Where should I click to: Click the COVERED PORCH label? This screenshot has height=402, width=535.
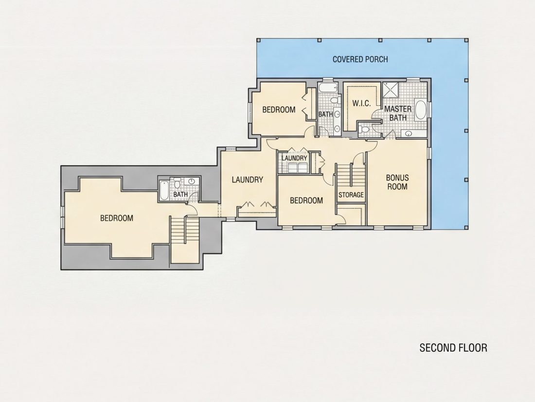click(x=360, y=59)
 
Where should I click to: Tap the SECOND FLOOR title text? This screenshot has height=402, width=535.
click(x=453, y=347)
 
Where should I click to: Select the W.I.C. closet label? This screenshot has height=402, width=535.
click(x=361, y=103)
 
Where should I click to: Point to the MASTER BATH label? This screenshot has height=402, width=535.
click(x=398, y=113)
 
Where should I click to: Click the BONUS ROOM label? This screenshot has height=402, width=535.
click(x=397, y=182)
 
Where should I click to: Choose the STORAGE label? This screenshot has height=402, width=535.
click(x=351, y=195)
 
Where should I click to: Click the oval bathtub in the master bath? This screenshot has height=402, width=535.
click(x=420, y=110)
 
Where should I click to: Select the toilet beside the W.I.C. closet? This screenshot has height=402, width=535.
click(x=363, y=130)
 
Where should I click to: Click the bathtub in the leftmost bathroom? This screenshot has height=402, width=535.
click(x=164, y=190)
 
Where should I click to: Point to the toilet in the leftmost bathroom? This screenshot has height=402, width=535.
click(x=177, y=184)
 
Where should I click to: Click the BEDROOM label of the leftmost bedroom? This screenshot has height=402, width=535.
click(x=117, y=218)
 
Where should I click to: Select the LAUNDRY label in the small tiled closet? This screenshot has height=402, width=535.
click(x=294, y=158)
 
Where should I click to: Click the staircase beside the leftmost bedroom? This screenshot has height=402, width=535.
click(x=185, y=230)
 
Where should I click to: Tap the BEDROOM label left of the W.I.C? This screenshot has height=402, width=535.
click(x=279, y=110)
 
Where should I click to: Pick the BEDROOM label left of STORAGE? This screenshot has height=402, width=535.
click(x=306, y=201)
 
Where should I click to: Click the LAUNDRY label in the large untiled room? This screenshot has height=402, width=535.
click(x=248, y=180)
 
